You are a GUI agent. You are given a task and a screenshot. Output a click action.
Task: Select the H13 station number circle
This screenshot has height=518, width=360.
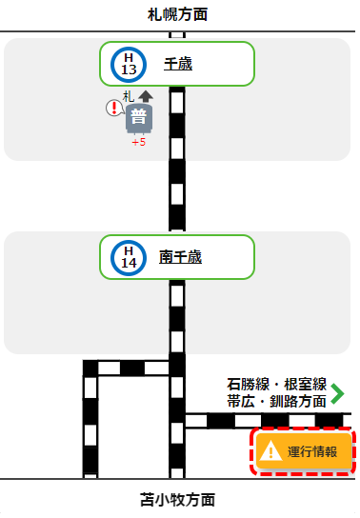point(130,64)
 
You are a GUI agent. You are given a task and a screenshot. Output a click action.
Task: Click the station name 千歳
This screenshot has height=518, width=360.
point(179,64)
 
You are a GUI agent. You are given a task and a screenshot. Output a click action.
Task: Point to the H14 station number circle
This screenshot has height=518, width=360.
point(130,256)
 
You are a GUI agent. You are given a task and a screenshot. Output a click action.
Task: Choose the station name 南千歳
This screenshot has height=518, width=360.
point(180,256)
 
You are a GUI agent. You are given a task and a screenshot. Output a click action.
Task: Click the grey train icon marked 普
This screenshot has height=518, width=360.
point(139,119)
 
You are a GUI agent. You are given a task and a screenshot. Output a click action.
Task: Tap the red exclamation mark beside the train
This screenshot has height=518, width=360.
point(114,108)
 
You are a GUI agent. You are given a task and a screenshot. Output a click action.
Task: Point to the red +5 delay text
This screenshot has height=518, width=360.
point(138,142)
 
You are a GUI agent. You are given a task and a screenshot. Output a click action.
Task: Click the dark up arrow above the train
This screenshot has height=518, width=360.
point(145,95)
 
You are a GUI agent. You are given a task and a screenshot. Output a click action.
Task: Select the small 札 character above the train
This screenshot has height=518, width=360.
point(129,95)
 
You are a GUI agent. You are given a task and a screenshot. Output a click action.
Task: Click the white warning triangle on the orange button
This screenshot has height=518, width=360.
point(272,451)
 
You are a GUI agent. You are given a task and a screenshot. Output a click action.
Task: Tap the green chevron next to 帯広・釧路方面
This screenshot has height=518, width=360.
point(336,393)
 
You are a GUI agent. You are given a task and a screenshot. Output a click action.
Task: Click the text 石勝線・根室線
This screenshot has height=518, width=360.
point(276,385)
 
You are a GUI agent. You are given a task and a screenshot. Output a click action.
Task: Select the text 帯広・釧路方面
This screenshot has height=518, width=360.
point(276,402)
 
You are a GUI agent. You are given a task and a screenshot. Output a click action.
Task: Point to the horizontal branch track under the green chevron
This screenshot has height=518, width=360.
point(267,420)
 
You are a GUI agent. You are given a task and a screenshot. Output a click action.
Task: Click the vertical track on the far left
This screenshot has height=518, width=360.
point(90,419)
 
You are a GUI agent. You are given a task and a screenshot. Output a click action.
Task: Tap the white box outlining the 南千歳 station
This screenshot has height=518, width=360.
point(229,256)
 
